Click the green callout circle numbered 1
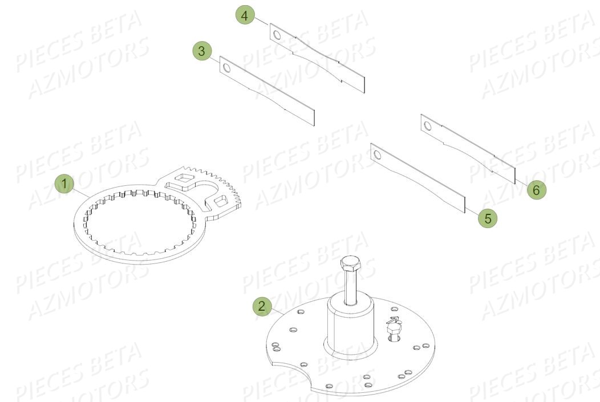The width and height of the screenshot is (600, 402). click(65, 184)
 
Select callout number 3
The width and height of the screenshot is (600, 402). click(201, 51)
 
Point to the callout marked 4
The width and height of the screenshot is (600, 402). click(245, 16)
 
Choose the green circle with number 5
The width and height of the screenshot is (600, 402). click(487, 217)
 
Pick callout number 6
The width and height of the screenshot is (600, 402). click(535, 190)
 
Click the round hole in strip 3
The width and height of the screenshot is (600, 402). click(226, 68)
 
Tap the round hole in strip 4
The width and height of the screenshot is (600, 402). click(277, 36)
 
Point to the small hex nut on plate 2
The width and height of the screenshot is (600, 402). click(393, 328)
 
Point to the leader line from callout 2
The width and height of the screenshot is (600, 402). click(275, 311)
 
